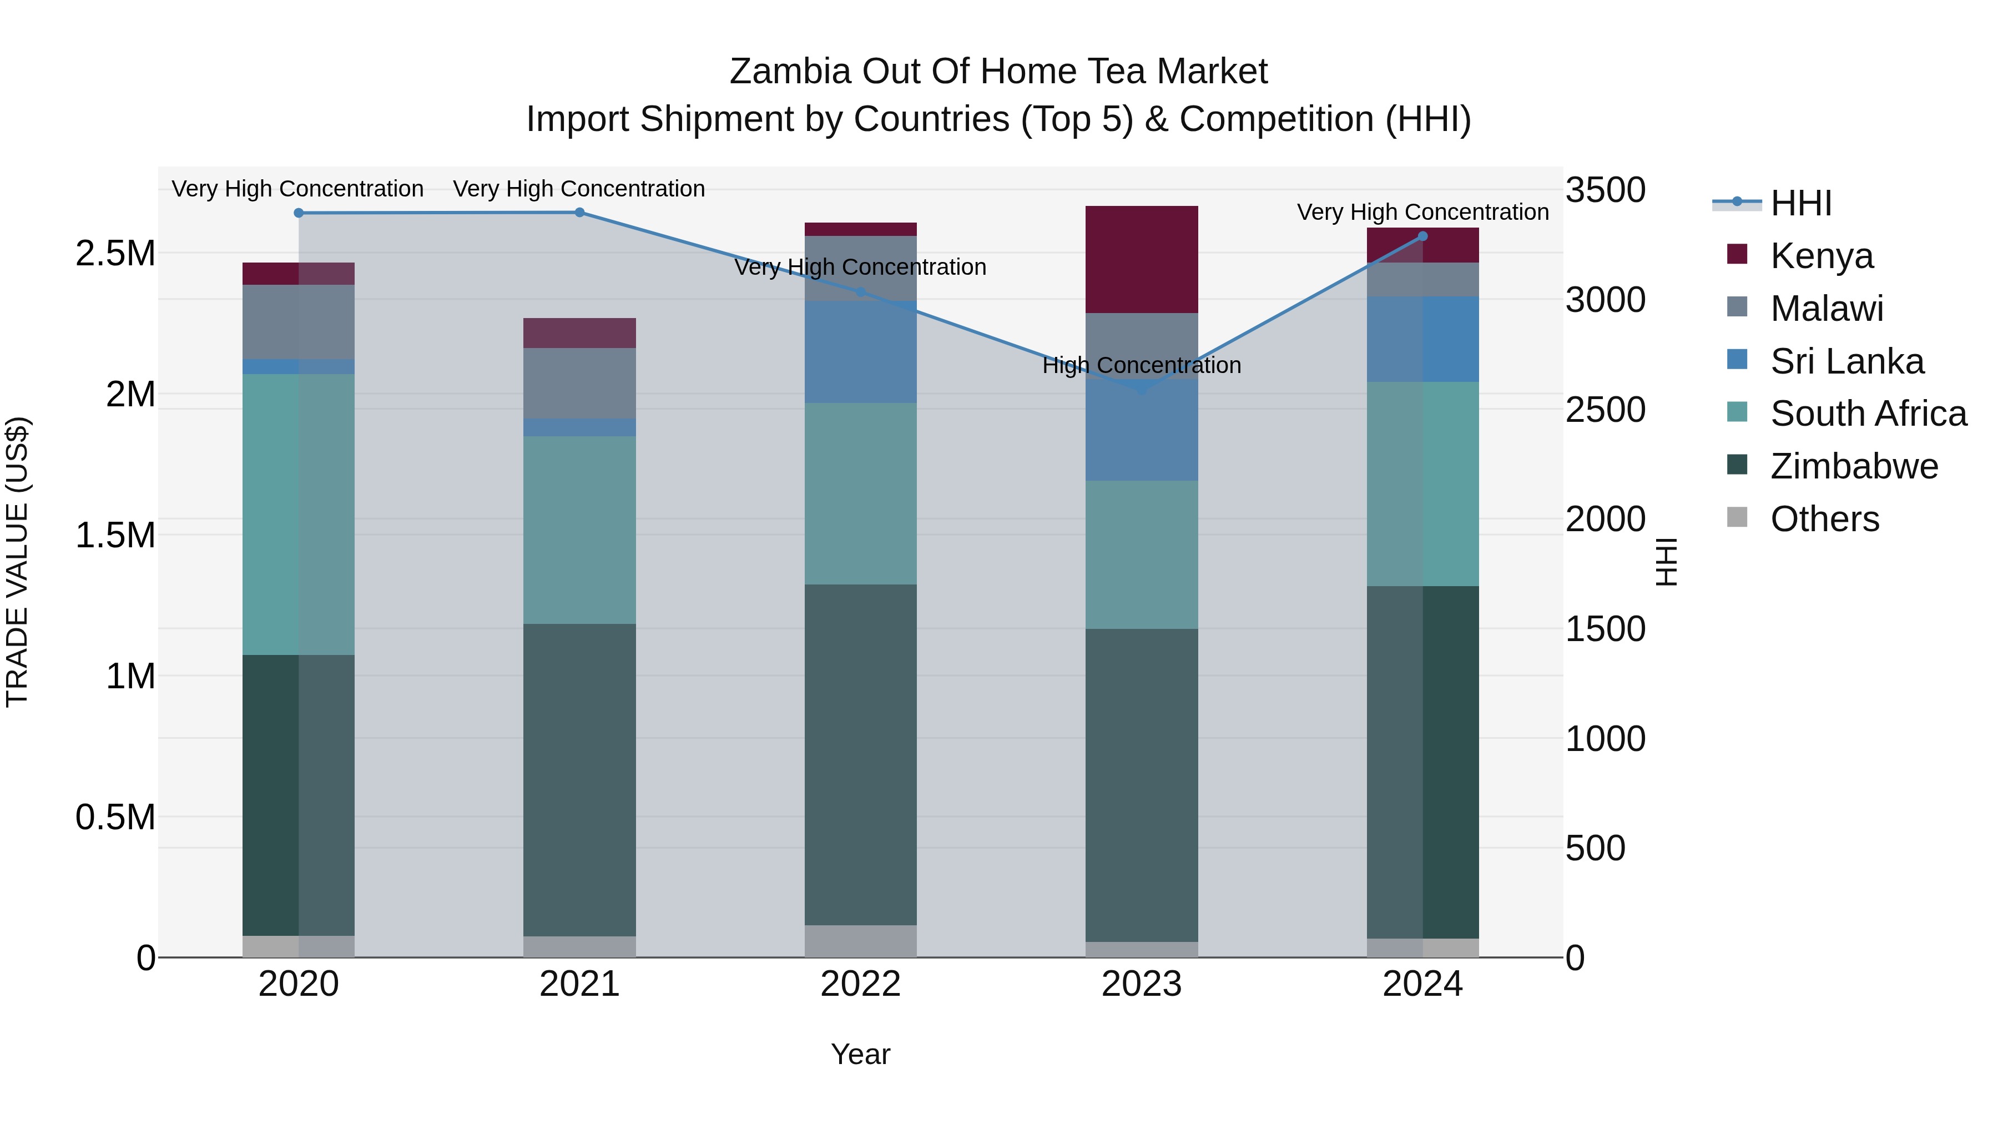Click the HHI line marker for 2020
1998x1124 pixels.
point(299,213)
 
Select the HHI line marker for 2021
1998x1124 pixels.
point(579,213)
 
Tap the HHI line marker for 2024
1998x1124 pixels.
point(1422,236)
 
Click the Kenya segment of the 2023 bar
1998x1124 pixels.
point(1141,260)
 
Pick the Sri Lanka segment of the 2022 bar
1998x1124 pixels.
point(860,351)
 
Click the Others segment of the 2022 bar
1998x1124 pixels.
point(860,940)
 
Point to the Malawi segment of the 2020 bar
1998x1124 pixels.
point(299,321)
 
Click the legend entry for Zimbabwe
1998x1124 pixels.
point(1854,466)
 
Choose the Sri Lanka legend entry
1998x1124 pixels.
point(1846,361)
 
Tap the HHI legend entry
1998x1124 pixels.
point(1799,203)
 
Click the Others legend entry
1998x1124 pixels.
point(1824,519)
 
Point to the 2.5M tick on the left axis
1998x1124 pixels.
point(115,254)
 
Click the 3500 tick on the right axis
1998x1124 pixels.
point(1605,190)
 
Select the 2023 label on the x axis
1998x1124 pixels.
point(1141,984)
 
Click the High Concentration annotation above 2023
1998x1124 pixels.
point(1141,365)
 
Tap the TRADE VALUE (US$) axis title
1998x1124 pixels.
point(17,562)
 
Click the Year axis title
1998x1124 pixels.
point(860,1054)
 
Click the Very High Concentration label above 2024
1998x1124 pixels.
point(1422,212)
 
